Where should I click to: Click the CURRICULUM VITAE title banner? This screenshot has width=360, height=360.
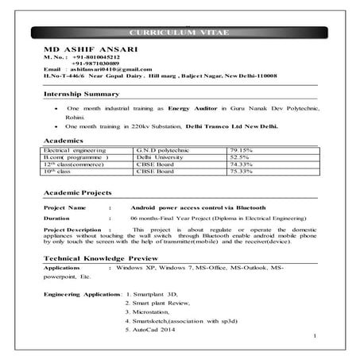(179, 32)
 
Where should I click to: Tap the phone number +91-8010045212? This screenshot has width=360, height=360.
(98, 59)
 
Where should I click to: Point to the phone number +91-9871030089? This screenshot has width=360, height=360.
(98, 65)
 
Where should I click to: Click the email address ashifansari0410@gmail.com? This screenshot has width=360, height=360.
(102, 72)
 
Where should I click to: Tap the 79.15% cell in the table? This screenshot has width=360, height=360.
(240, 149)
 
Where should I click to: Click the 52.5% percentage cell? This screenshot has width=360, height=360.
(238, 157)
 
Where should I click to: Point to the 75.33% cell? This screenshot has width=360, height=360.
(240, 170)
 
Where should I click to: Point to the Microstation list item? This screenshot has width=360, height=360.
(152, 312)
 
